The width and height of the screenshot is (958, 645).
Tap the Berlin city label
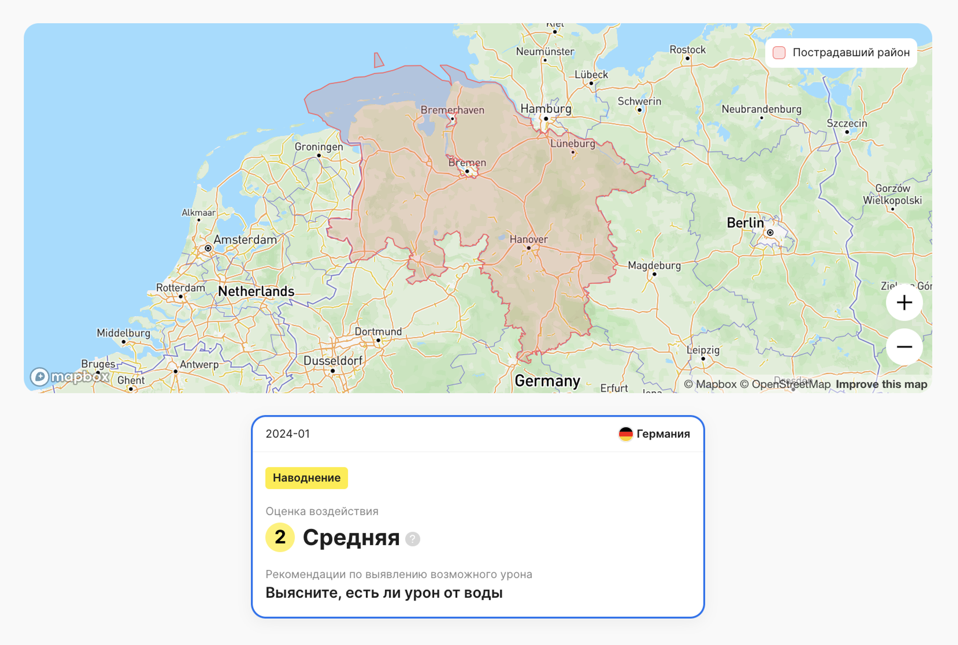coord(745,223)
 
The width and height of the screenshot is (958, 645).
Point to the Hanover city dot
coord(529,248)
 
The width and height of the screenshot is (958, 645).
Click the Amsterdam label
coord(245,240)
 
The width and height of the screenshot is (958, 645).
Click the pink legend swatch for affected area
coord(779,53)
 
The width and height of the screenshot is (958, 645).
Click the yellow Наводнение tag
coord(306,478)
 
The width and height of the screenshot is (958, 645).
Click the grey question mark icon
coord(413,539)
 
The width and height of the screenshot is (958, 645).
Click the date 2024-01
coord(287,434)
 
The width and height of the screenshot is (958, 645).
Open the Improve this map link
coord(881,384)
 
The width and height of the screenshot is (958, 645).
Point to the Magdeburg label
coord(654,266)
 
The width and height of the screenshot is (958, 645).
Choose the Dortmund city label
coord(378,332)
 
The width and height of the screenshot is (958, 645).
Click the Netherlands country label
coord(256,291)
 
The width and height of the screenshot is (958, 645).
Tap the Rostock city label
coord(687,50)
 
